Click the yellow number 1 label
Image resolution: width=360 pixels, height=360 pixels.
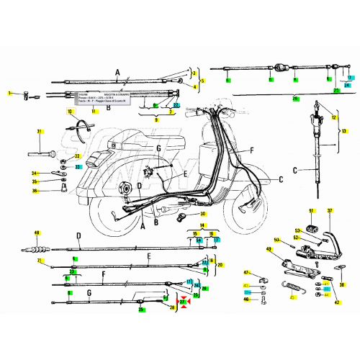tap(10, 94)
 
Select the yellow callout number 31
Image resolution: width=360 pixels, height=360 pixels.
tap(40, 131)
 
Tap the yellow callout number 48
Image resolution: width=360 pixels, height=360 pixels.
tap(37, 233)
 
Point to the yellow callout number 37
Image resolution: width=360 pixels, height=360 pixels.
tap(330, 211)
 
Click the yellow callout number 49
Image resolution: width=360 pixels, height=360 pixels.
tap(269, 250)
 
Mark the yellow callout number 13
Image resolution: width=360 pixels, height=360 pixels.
tap(344, 131)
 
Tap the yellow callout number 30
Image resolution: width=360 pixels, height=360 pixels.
tap(202, 214)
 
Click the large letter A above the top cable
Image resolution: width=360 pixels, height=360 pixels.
tap(117, 71)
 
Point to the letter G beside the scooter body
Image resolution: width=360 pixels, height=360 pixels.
tap(158, 148)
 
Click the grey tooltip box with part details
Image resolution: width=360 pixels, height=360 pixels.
tap(101, 99)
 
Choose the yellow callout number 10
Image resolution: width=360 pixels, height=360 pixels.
tap(70, 112)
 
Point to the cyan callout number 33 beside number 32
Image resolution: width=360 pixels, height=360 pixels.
tap(78, 167)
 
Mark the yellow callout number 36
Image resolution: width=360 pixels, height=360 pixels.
tap(34, 191)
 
